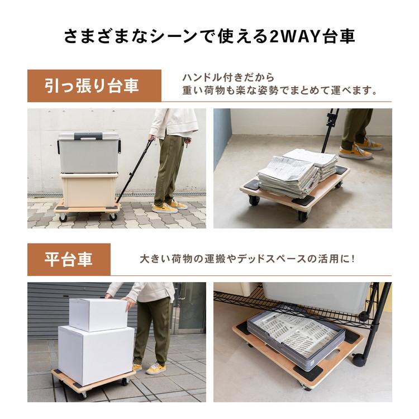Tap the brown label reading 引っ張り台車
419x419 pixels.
pos(93,86)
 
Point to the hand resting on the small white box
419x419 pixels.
pos(130,304)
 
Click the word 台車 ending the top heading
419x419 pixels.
pos(339,37)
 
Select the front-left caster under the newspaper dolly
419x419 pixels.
pos(254,199)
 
